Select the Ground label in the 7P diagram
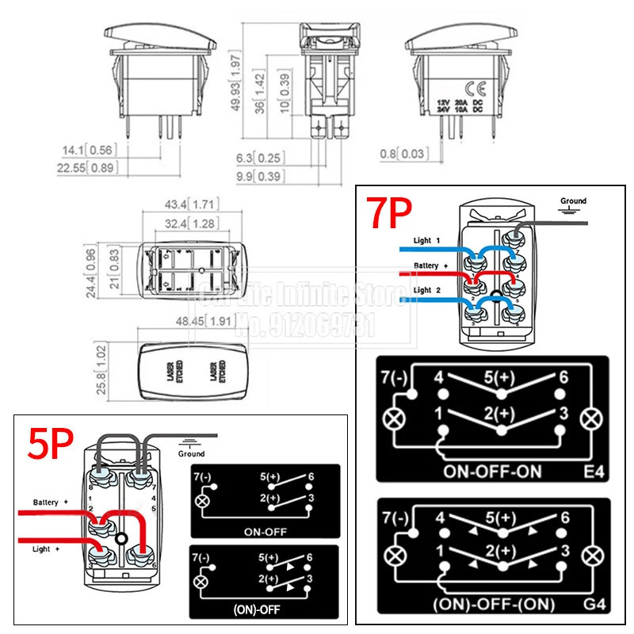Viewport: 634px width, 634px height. tap(574, 201)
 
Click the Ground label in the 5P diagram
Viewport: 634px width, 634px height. tap(191, 454)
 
